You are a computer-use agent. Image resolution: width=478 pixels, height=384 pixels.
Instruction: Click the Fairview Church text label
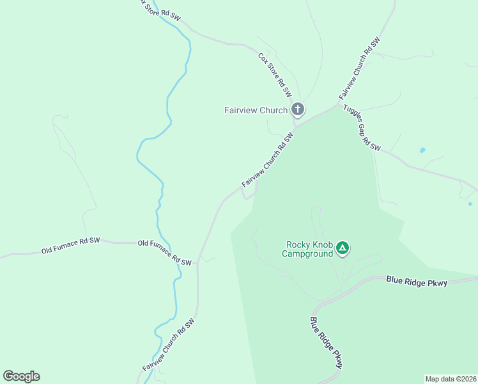256,110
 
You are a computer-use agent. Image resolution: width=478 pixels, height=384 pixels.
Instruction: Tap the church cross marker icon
298,109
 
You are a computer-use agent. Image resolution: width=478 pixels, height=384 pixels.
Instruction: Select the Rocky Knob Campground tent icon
343,248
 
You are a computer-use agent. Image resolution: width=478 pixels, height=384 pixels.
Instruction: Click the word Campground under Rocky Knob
307,253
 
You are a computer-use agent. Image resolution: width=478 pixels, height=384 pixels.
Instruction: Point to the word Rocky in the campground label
298,244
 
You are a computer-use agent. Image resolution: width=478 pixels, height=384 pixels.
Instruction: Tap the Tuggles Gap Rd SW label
362,127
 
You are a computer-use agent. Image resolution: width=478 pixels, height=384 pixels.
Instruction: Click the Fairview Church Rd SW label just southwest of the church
267,160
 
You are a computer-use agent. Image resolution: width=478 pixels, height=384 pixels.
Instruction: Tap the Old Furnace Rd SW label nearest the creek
165,253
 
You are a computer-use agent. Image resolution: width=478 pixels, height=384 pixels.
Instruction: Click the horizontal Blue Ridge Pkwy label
416,281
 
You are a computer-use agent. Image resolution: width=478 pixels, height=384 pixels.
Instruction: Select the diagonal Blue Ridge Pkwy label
327,342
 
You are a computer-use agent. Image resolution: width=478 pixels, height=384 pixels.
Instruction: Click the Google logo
21,376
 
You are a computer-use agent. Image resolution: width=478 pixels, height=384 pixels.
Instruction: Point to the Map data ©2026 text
451,379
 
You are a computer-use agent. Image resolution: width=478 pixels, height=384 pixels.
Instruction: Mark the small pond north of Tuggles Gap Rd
422,151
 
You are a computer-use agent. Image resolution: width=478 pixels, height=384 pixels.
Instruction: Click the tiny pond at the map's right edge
470,204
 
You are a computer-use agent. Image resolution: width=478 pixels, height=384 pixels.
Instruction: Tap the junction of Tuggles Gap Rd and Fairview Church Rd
339,102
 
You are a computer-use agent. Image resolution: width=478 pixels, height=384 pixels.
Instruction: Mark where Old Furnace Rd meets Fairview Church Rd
199,259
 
